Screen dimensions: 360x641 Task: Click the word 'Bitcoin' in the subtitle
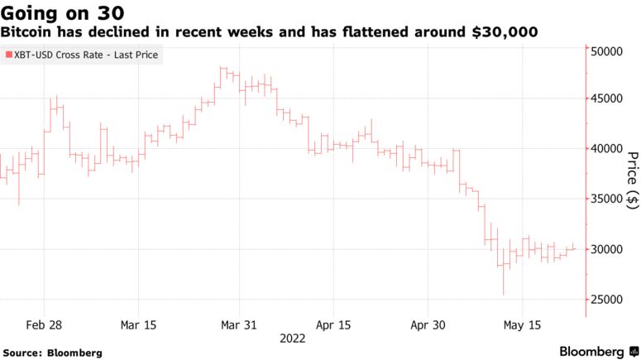point(26,32)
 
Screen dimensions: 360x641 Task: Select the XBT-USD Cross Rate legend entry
point(85,55)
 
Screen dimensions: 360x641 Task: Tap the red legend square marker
point(7,55)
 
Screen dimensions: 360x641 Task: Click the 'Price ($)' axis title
point(633,178)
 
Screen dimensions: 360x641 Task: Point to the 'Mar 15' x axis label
point(138,324)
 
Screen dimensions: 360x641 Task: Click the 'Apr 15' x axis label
point(334,324)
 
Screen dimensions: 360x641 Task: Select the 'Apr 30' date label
point(429,324)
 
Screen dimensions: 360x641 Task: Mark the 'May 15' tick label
point(524,324)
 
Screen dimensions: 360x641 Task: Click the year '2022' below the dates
point(292,338)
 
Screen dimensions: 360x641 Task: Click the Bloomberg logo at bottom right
point(592,351)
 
